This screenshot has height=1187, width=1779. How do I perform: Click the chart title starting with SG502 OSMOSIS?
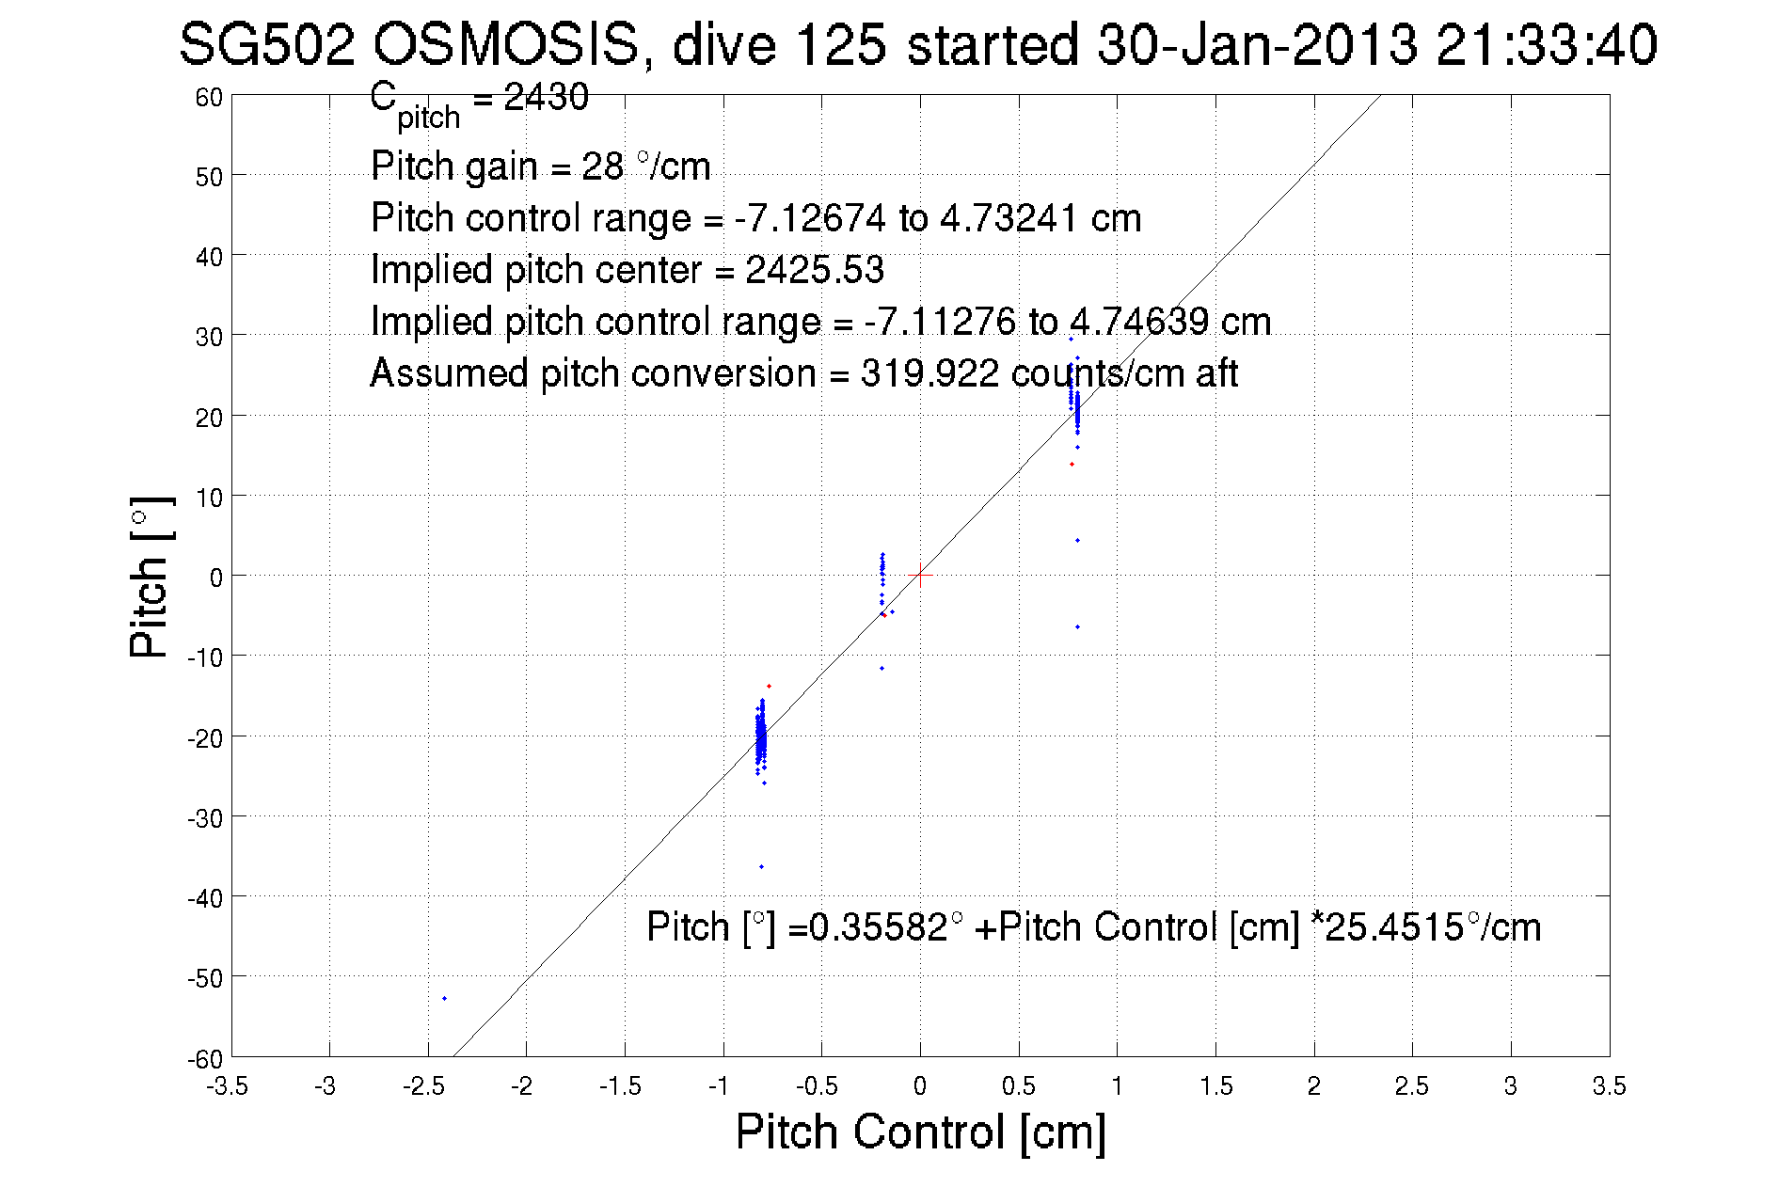coord(917,45)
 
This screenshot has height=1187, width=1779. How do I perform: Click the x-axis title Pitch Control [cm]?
coord(920,1131)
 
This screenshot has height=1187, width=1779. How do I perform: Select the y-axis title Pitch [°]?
coord(151,577)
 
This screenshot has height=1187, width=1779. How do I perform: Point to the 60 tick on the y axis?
coord(209,97)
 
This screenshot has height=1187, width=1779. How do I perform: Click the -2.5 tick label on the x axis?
coord(424,1086)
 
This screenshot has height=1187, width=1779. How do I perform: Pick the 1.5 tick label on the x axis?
coord(1215,1086)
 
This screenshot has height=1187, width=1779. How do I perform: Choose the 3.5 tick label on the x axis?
coord(1609,1086)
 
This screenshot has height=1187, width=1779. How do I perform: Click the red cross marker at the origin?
coord(920,575)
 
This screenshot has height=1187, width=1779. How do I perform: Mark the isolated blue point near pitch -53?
coord(444,998)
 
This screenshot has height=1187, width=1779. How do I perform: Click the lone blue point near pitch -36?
coord(761,866)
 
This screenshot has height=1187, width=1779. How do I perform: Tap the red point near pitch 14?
coord(1072,464)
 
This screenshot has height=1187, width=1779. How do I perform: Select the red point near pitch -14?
coord(769,686)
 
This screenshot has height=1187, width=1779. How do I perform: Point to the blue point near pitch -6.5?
coord(1077,626)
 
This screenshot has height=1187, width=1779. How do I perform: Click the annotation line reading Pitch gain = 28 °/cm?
coord(540,166)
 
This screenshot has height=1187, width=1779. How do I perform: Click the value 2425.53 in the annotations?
coord(815,270)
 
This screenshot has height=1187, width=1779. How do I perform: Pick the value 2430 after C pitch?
coord(547,97)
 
